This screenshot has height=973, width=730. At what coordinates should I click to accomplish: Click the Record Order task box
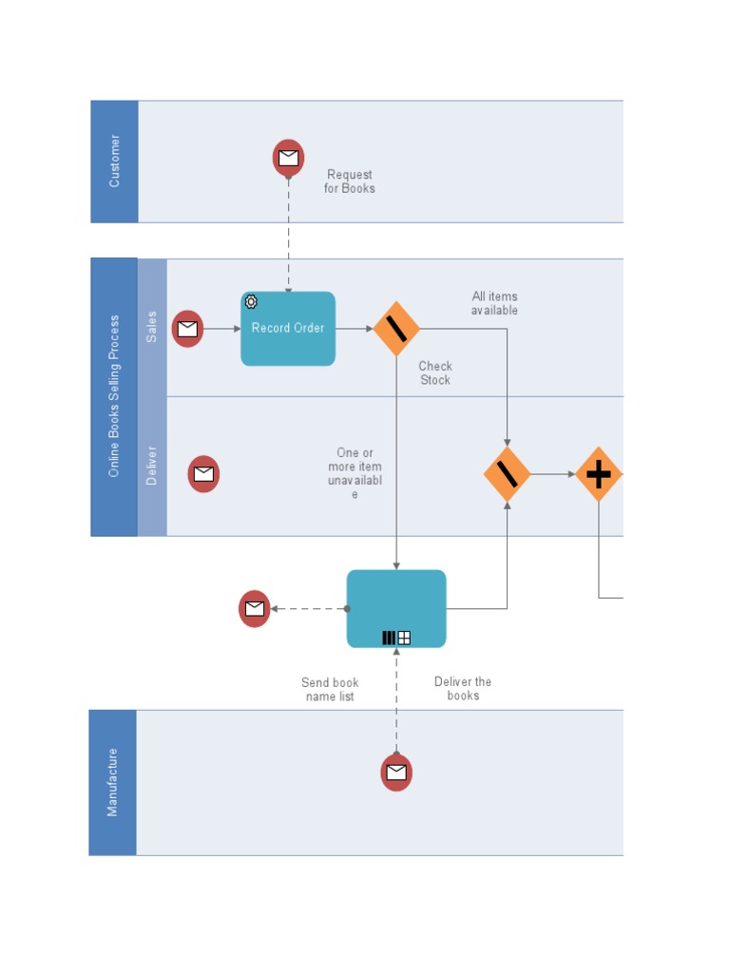(288, 329)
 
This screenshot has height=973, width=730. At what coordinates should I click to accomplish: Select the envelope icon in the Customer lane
(288, 158)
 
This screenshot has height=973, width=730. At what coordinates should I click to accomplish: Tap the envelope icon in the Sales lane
(187, 329)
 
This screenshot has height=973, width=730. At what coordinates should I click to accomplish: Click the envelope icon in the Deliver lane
(203, 473)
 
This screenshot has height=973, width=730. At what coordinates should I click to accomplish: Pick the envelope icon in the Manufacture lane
(396, 773)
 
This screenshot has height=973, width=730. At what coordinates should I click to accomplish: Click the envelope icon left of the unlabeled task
(255, 608)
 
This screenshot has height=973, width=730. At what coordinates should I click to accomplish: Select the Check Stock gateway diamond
(396, 329)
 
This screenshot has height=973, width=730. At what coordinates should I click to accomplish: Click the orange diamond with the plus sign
(598, 473)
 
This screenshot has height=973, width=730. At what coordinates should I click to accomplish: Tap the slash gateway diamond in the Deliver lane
(507, 473)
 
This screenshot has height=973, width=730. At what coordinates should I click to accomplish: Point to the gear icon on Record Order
(251, 302)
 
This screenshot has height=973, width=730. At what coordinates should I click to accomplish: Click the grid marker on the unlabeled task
(404, 638)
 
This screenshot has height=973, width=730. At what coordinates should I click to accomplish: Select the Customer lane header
(114, 162)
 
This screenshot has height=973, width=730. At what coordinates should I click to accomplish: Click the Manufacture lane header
(112, 782)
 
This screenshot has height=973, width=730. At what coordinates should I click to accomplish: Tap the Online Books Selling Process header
(114, 396)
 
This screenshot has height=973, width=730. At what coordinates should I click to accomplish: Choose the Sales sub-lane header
(152, 327)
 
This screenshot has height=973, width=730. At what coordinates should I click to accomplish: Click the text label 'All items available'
(494, 303)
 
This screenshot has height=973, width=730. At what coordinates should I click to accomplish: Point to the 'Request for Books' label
(349, 181)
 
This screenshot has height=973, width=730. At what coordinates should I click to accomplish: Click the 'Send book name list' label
(330, 689)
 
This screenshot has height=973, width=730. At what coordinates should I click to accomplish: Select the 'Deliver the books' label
(463, 688)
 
